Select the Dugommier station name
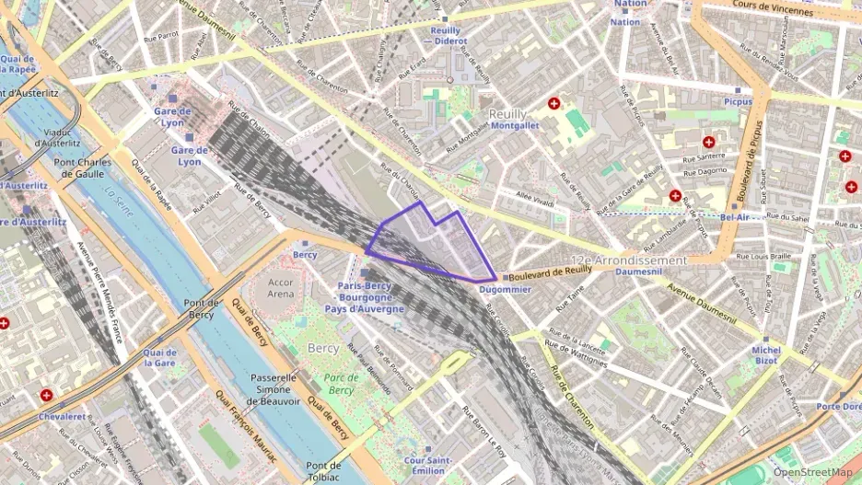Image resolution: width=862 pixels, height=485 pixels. tap(505, 289)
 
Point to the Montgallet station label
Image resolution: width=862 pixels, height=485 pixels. tap(514, 125)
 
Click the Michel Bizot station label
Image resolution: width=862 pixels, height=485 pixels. tap(766, 355)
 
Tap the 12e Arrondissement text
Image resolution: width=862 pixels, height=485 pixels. tap(629, 260)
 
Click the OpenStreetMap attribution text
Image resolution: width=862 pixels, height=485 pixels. tap(812, 473)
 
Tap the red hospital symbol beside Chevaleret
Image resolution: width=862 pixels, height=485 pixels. tap(46, 395)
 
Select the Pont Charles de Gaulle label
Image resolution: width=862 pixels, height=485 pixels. tap(82, 168)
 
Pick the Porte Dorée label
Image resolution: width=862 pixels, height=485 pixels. tap(839, 406)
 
